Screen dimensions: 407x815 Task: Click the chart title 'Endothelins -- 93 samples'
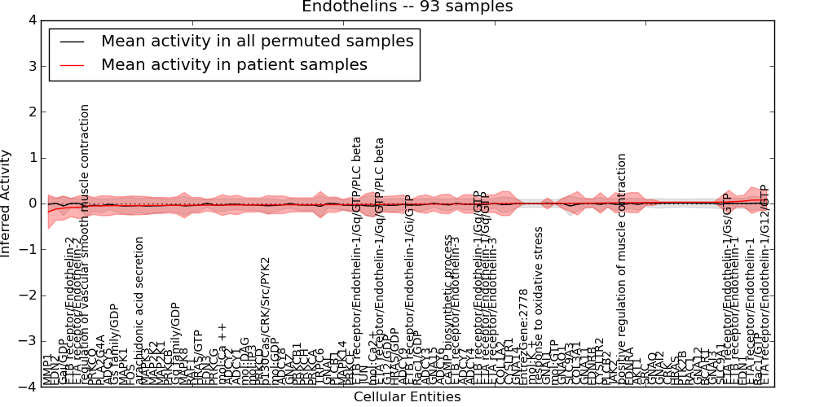pos(407,7)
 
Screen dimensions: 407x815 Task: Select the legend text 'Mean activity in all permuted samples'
pos(257,41)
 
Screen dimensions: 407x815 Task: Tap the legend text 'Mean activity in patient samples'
pos(234,64)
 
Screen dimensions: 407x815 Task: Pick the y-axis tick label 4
pos(32,20)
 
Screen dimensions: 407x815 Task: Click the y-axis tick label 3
pos(32,66)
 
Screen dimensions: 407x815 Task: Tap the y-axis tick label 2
pos(32,112)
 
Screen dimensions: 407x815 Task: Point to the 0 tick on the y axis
pos(32,203)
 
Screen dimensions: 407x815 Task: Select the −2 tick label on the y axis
pos(29,295)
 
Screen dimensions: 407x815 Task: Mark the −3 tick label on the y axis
pos(29,341)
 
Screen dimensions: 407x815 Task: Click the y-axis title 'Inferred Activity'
pos(7,203)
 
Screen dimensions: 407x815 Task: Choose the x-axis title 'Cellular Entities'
pos(407,397)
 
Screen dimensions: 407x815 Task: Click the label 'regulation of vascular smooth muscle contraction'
pos(85,244)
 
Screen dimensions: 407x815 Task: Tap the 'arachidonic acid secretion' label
pos(139,310)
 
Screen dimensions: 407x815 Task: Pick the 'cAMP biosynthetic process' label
pos(448,309)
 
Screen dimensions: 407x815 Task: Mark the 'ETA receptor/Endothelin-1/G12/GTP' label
pos(764,284)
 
